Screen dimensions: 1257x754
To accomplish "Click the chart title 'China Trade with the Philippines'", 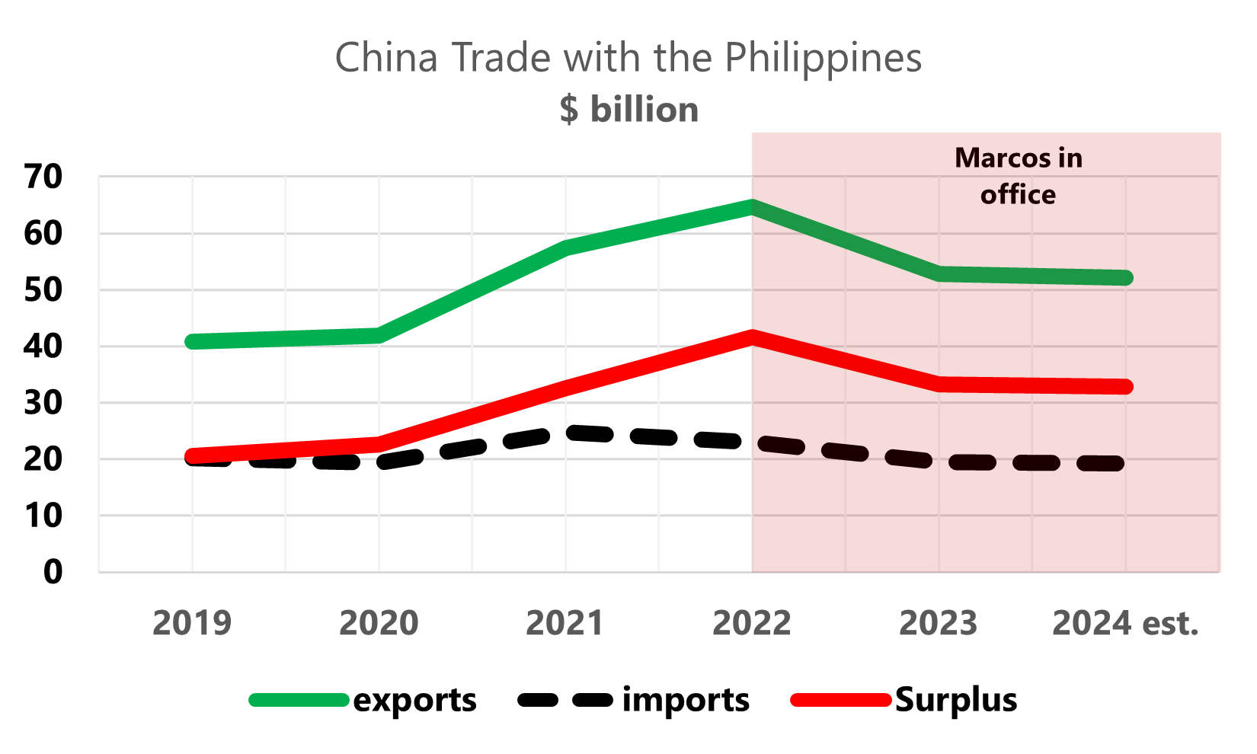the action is tap(628, 59).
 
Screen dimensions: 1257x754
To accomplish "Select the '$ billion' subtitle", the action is tap(629, 110).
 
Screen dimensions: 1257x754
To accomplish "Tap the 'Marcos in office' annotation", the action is tap(1019, 176).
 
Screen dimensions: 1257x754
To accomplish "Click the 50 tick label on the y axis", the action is tap(43, 290).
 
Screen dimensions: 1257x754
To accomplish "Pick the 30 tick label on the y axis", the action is tap(43, 403).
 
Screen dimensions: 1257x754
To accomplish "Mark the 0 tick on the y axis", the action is tap(53, 572).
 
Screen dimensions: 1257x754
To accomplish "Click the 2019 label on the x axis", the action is tap(192, 623).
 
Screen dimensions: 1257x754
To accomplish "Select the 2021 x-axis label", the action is tap(565, 623).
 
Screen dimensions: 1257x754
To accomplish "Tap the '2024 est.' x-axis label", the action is tap(1125, 623).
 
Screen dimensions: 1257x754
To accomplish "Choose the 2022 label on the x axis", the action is tap(752, 623).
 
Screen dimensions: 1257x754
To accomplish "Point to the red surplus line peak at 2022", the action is tap(752, 337).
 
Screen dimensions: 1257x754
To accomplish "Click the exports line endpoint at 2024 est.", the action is tap(1125, 277).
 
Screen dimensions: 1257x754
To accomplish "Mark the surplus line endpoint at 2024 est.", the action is tap(1125, 386).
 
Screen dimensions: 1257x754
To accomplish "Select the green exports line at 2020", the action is tap(379, 335).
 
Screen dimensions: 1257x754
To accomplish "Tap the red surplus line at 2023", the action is tap(939, 385).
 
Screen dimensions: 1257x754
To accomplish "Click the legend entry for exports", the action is tap(363, 700).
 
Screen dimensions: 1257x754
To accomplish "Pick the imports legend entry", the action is tap(633, 700).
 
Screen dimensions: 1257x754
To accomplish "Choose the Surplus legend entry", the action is tap(904, 700).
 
